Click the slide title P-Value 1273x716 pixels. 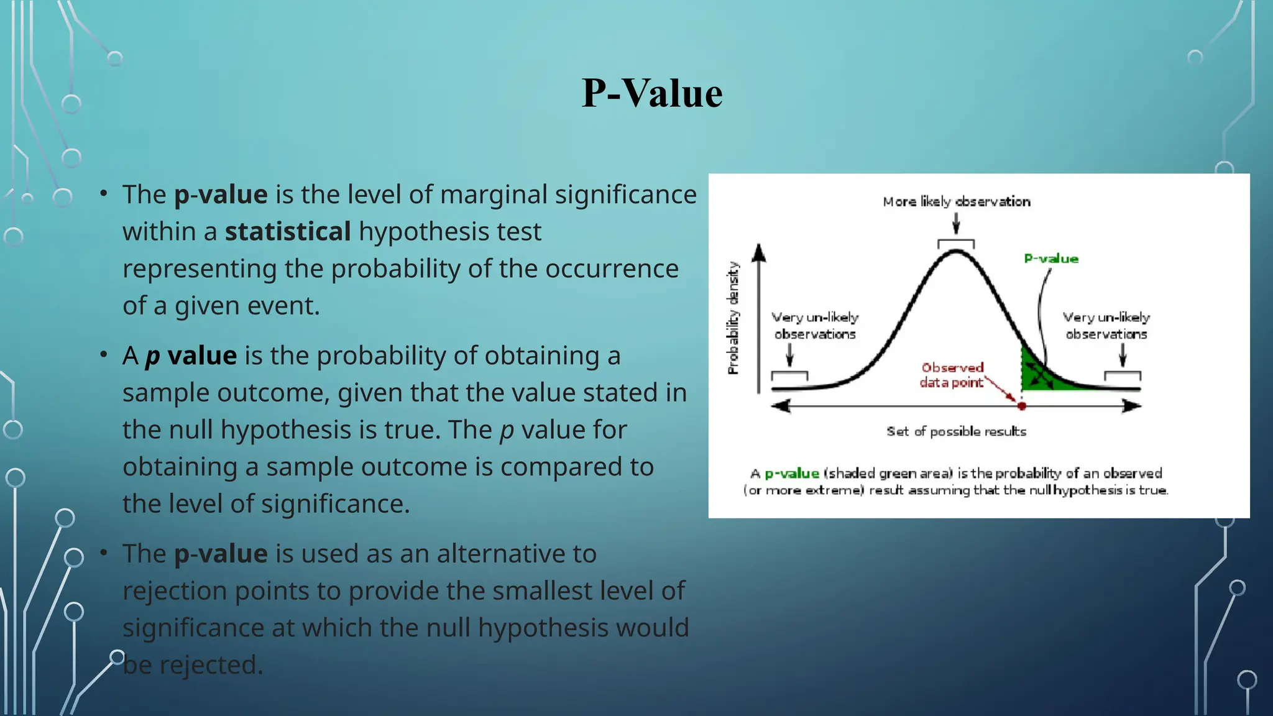coord(651,94)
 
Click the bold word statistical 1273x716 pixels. coord(288,232)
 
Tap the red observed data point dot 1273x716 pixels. coord(1021,406)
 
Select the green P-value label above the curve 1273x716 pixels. coord(1051,259)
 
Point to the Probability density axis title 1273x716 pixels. coord(733,318)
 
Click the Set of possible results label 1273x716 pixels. coord(956,431)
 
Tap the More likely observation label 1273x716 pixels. coord(956,201)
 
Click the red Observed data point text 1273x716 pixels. coord(952,375)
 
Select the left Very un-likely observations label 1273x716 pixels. coord(815,326)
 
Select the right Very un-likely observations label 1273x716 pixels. coord(1106,326)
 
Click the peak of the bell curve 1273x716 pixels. coord(957,251)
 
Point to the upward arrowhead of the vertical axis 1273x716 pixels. coord(759,252)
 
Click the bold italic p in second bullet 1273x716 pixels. coord(152,357)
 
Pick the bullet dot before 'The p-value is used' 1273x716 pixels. coord(104,553)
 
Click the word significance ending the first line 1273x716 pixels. coord(625,195)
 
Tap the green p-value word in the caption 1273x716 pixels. coord(791,474)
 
